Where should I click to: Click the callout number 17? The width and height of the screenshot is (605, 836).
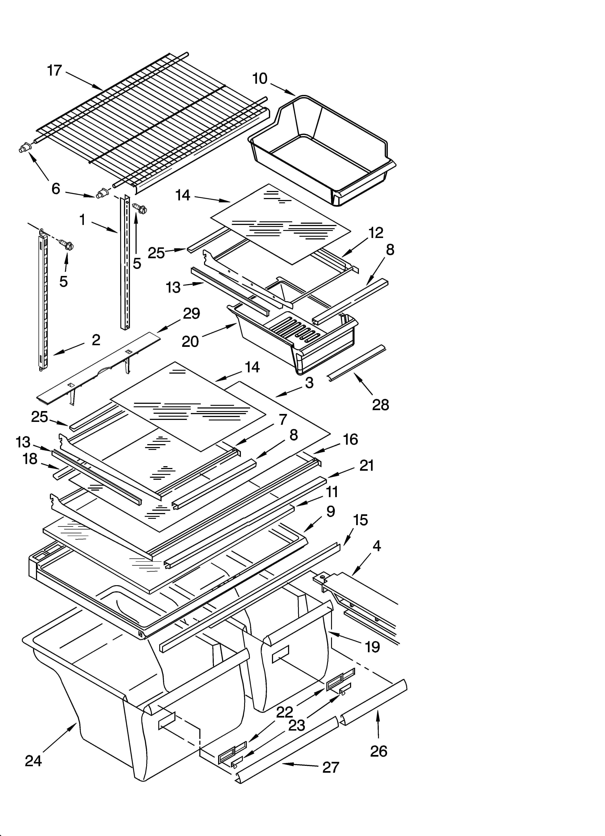pyautogui.click(x=55, y=70)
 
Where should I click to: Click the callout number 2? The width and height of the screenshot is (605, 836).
pyautogui.click(x=96, y=339)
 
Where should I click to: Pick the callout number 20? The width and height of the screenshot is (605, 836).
pyautogui.click(x=190, y=342)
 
